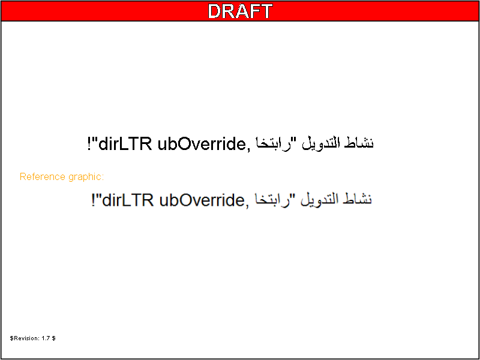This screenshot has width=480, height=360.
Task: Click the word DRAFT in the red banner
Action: point(240,11)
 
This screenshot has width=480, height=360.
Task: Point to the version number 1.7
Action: point(46,338)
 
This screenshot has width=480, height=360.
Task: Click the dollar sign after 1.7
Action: point(53,338)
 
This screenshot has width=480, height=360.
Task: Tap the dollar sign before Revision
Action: point(11,338)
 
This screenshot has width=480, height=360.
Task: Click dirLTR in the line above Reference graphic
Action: point(125,144)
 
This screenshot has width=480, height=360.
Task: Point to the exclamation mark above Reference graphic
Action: point(89,144)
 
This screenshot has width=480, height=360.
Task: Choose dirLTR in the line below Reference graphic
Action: point(128,200)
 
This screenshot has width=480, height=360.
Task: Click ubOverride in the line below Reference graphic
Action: point(201,200)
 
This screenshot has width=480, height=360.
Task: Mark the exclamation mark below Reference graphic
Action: point(94,200)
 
